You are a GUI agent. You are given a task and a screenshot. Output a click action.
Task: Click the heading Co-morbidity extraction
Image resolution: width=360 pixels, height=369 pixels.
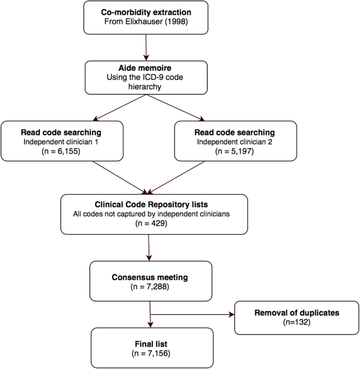146,12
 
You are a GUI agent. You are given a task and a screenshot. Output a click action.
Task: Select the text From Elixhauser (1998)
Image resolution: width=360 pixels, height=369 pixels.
146,21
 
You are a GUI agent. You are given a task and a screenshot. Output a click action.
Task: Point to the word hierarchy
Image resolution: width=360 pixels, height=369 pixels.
146,86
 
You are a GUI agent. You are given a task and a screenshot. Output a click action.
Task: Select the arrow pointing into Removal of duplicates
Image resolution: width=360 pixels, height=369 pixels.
193,314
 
